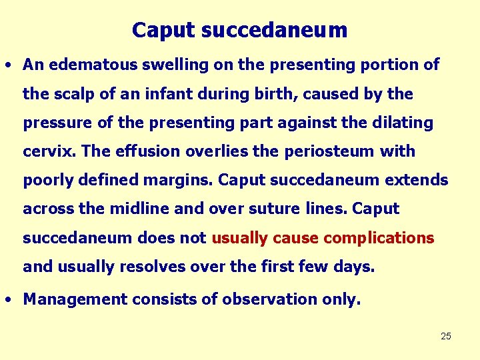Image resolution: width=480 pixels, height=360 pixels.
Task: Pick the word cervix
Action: tap(50, 151)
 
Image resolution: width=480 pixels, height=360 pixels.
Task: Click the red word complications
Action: tap(379, 238)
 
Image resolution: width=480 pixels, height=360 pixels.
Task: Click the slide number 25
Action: tap(446, 336)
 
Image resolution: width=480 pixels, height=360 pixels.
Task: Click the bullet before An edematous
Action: tap(7, 65)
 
